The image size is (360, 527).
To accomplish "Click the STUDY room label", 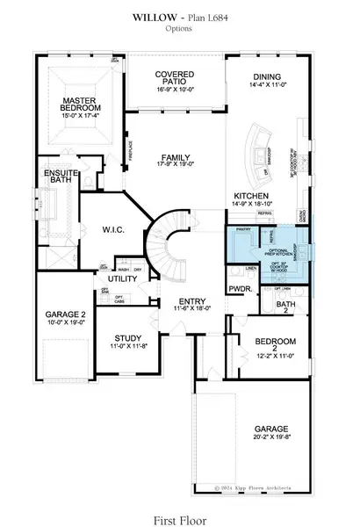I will [x=128, y=337].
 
